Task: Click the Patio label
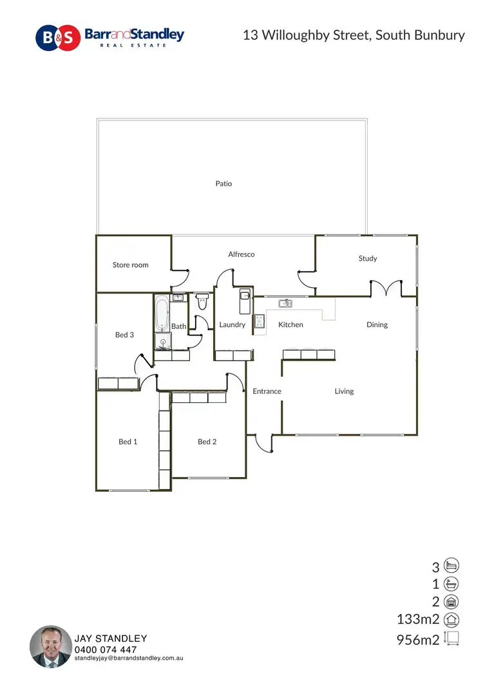(223, 183)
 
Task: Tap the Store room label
(131, 265)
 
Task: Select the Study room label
(368, 258)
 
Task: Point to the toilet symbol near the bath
(202, 301)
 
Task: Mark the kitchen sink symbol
(285, 303)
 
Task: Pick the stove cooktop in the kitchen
(260, 322)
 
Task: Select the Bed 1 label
(128, 442)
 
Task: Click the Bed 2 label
(207, 442)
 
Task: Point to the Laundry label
(232, 324)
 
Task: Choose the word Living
(344, 391)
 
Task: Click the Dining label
(377, 324)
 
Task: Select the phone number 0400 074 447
(106, 650)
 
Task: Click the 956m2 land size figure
(418, 639)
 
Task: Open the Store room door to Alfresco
(180, 278)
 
